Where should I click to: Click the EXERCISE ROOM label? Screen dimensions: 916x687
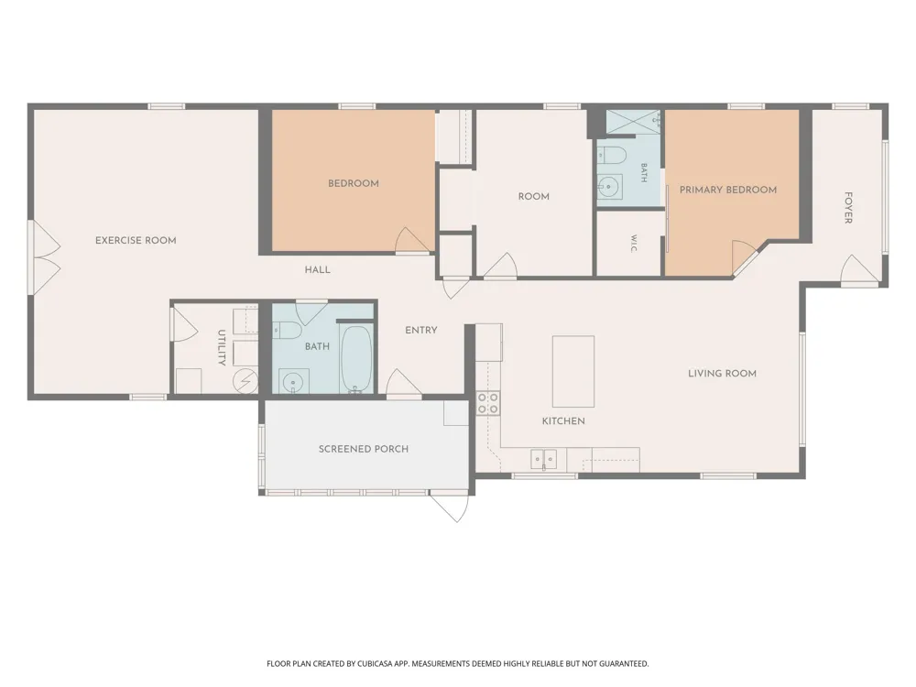[136, 240]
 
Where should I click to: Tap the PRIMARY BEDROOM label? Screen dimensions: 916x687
[728, 190]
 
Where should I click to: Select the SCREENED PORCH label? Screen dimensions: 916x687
[364, 449]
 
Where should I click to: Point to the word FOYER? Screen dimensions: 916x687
[848, 207]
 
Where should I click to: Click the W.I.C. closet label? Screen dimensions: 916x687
[634, 244]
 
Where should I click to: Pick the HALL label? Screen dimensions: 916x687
[317, 270]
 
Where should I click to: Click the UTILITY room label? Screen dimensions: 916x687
[222, 347]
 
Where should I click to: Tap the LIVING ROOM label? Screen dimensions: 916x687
[722, 374]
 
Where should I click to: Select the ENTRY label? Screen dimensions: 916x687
[421, 330]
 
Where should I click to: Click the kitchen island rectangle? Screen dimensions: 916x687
[573, 372]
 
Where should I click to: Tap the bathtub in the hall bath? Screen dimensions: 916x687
[355, 359]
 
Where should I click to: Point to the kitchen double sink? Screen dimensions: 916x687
[544, 459]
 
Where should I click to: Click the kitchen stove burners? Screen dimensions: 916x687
[488, 402]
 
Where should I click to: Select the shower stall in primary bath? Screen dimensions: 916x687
[633, 122]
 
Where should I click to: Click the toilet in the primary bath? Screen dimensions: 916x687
[612, 156]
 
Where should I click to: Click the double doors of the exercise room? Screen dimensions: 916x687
[44, 257]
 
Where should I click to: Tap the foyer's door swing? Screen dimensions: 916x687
[860, 269]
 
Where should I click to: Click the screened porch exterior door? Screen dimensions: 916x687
[450, 507]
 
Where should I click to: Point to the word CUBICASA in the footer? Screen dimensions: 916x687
[380, 663]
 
